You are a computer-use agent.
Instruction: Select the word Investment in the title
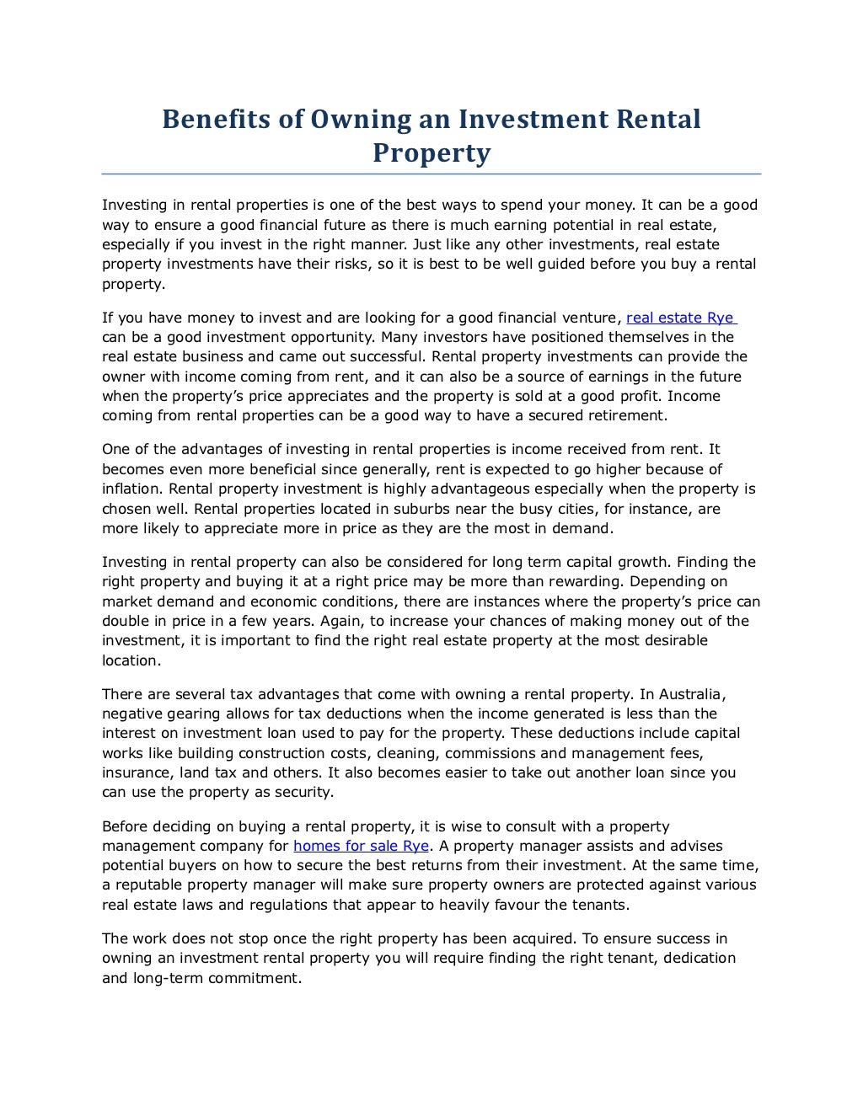point(528,119)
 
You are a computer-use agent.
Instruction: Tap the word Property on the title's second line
point(431,153)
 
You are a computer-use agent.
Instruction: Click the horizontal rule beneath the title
point(431,174)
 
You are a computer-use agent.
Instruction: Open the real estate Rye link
point(682,318)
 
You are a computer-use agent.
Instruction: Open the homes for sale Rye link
point(361,846)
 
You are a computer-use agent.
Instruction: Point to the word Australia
point(690,694)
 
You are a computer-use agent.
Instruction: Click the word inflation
point(131,489)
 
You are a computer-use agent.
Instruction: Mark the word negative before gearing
point(132,713)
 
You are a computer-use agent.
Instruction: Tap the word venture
point(588,318)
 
